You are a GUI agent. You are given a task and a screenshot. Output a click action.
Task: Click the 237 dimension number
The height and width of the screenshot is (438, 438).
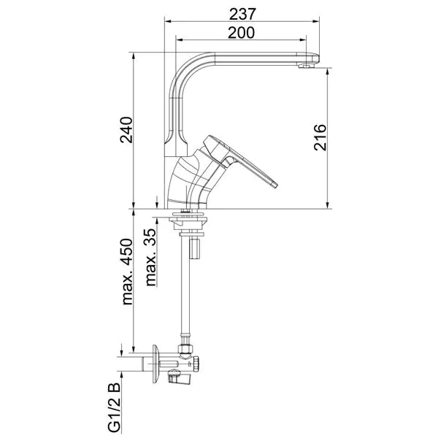[x=242, y=14]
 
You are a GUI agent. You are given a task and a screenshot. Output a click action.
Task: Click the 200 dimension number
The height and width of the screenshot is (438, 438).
[x=242, y=33]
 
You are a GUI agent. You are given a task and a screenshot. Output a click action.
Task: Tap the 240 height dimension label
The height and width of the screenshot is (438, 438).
[x=126, y=130]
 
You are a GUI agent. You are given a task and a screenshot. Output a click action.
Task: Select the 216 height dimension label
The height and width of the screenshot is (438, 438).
[x=320, y=138]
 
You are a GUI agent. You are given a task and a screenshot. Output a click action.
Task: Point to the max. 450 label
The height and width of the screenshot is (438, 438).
[x=127, y=272]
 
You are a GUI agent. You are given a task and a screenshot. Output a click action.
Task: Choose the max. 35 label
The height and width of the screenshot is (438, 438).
[x=150, y=257]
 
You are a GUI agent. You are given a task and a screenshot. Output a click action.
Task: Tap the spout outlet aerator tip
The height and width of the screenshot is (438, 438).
[x=306, y=66]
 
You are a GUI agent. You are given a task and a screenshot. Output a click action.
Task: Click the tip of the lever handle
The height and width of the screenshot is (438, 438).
[x=275, y=185]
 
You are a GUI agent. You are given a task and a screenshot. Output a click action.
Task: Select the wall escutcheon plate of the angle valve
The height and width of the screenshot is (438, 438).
[x=155, y=364]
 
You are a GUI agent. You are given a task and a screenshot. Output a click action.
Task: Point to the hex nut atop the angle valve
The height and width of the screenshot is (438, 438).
[x=185, y=349]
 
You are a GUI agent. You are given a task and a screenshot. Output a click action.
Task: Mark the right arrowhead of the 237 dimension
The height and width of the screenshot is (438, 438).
[x=316, y=21]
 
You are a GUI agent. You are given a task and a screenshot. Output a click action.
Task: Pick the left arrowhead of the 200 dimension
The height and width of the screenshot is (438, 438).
[x=179, y=40]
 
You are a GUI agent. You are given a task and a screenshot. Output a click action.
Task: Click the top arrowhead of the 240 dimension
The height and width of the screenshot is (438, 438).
[x=134, y=55]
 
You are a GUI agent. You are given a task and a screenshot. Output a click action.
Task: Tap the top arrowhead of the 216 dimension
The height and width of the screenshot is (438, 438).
[x=328, y=72]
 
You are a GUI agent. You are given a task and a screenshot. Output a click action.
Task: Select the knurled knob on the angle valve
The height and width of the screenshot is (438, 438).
[x=197, y=364]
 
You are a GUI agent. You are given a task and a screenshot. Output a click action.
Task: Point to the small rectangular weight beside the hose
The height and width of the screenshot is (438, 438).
[x=195, y=249]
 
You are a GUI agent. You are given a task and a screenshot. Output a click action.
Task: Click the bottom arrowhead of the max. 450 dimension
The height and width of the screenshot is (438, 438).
[x=134, y=350]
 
